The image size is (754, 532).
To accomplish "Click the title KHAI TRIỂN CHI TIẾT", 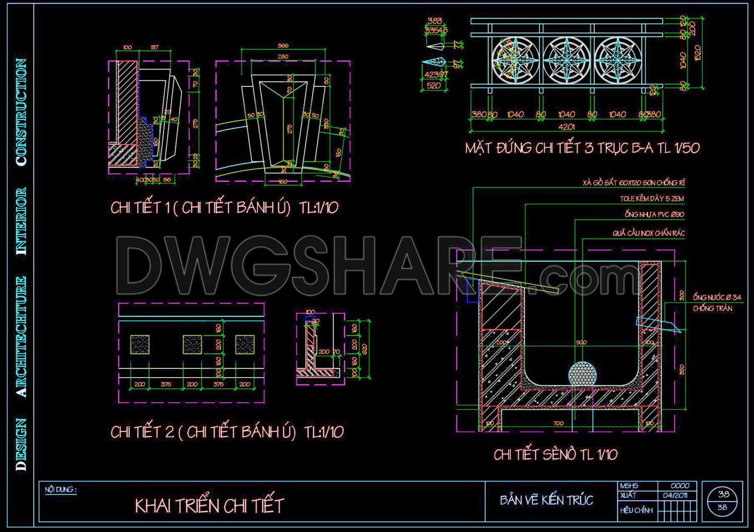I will coord(209,505).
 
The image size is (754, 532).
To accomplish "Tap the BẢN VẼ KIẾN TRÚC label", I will coord(546,500).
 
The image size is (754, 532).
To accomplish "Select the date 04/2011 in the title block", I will coord(675,495).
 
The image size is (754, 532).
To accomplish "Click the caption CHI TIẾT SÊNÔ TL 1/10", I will coord(555,455).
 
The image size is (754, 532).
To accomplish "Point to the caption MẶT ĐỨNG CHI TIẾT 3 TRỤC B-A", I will coord(582,148).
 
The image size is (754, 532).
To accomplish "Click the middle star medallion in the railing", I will coord(567,60).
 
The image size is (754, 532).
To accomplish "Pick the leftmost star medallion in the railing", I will coord(515,60).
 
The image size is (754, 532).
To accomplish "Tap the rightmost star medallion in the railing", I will coord(618,60).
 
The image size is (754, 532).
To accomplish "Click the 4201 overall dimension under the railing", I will coord(567,127).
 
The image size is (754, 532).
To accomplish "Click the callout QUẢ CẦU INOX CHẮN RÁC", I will coord(648,233).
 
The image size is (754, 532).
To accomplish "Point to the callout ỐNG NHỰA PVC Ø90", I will coord(654,215).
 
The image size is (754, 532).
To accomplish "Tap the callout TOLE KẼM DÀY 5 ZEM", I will coord(651,199).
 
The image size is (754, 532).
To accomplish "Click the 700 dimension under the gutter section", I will coord(558,423).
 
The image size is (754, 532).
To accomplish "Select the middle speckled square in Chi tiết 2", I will coord(192,345).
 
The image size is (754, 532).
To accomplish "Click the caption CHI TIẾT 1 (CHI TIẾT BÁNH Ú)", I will coord(225,207).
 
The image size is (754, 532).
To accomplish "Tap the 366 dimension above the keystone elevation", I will coord(283,46).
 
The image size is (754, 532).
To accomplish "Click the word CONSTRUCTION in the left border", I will coord(21,112).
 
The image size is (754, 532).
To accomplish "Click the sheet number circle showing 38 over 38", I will coord(723,501).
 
